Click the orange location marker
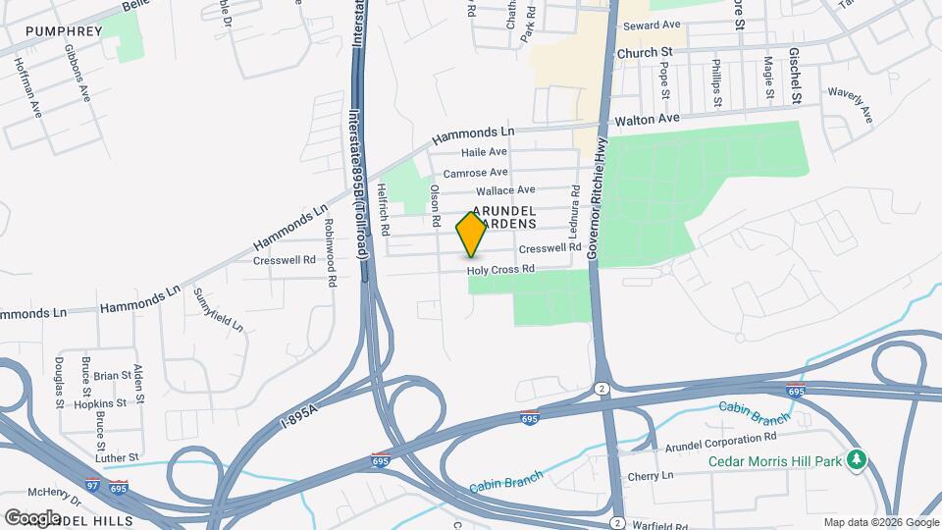[x=471, y=236]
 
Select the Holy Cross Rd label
[x=499, y=269]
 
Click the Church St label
[x=644, y=51]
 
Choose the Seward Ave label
[x=651, y=25]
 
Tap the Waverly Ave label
[x=850, y=106]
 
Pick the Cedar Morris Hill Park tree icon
[x=857, y=459]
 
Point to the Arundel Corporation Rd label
[x=720, y=437]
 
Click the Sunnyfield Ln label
[x=218, y=308]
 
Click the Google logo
[x=32, y=517]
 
